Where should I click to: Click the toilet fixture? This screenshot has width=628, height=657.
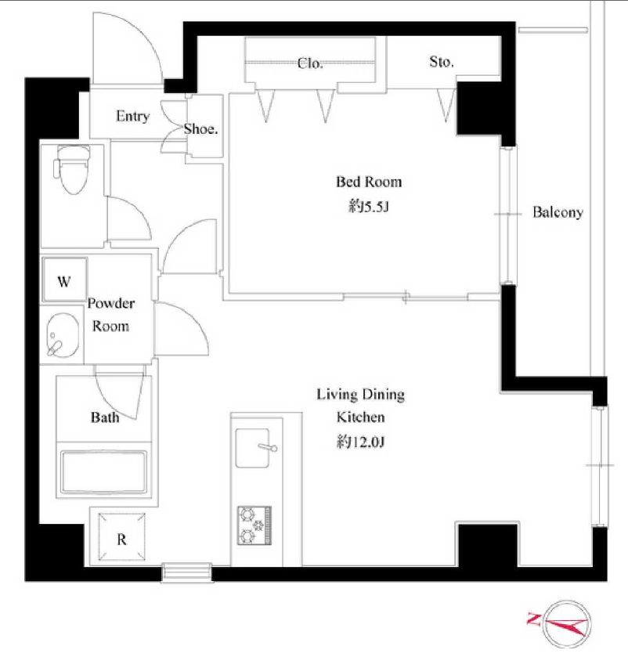(71, 169)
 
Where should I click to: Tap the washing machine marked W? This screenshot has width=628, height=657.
(64, 280)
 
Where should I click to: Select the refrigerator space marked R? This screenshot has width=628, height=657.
(121, 536)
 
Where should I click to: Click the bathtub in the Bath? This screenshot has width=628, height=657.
(103, 471)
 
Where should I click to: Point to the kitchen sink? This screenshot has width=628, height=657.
(253, 447)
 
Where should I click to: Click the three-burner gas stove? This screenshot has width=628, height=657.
(254, 525)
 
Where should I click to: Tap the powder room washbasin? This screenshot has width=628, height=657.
(63, 336)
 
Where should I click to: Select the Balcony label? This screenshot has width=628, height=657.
(558, 212)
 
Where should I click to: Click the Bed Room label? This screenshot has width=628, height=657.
(369, 182)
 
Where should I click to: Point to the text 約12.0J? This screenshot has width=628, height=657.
(360, 442)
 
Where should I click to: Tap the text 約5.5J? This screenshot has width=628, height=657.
(369, 206)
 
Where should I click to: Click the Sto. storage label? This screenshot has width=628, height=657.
(441, 62)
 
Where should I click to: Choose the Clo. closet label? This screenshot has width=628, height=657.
(310, 63)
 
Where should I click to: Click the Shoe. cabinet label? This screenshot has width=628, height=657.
(200, 128)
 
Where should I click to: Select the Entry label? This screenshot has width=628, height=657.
(132, 116)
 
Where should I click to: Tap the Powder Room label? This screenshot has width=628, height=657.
(111, 314)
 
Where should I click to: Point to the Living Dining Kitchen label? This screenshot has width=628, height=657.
(361, 406)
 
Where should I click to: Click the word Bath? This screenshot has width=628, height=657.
(105, 417)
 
